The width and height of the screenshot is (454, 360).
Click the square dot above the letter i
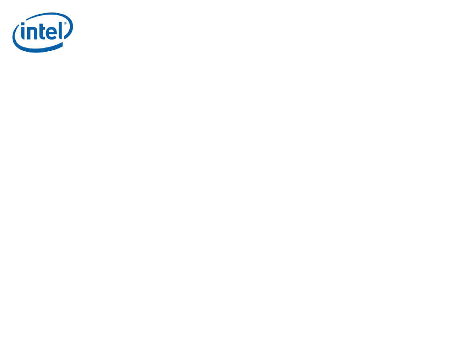[23, 24]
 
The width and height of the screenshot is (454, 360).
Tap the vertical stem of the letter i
[23, 33]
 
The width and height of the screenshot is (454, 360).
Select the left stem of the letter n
[29, 33]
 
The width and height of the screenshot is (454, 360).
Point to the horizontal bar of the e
[53, 33]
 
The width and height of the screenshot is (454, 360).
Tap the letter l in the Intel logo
[61, 31]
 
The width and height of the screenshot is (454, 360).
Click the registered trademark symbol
[65, 23]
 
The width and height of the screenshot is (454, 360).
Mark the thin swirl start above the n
[27, 20]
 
